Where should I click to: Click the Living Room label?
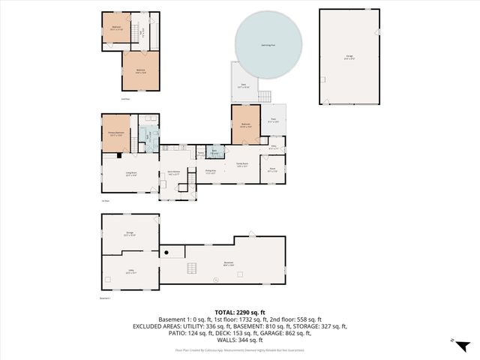point(130,176)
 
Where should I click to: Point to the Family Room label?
point(242,166)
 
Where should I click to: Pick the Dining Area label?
point(211,172)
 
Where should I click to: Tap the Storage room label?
point(130,233)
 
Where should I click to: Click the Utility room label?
point(130,272)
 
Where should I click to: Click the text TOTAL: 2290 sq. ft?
point(239,312)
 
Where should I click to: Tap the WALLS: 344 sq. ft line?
point(239,340)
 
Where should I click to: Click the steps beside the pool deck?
point(265,96)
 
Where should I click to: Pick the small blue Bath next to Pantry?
point(214,152)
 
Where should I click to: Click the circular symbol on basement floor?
point(214,280)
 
